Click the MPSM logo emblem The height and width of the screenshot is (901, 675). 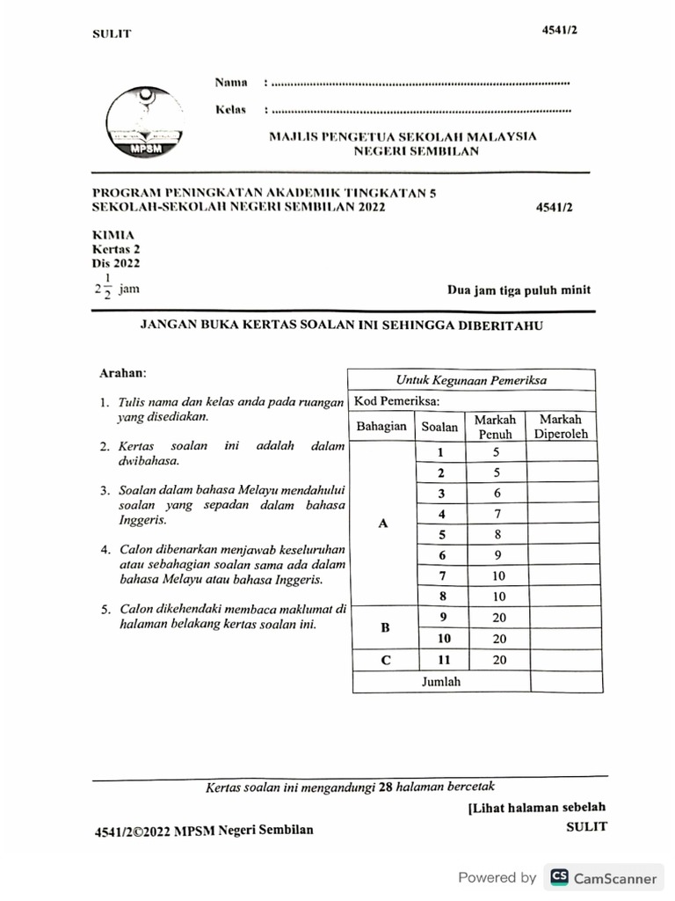tap(143, 123)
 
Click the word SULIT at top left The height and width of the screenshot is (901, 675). tap(112, 34)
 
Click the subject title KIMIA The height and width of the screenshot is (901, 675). tap(113, 235)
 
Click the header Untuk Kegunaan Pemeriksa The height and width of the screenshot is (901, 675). tap(472, 380)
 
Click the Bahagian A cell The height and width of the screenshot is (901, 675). tap(382, 523)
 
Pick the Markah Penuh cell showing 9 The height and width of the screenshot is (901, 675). tap(496, 555)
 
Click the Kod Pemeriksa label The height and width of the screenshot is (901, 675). tap(396, 401)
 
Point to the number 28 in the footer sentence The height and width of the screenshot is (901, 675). tap(384, 787)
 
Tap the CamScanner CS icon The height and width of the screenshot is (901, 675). tap(558, 877)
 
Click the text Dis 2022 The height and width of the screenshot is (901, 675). tap(115, 262)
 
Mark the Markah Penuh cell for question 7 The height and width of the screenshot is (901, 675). tap(496, 576)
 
